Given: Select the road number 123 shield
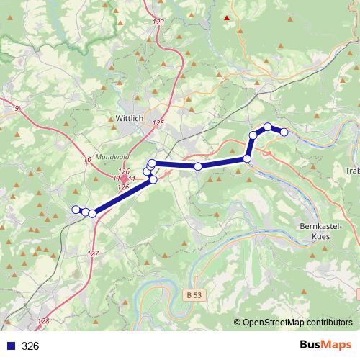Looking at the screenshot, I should click(158, 22).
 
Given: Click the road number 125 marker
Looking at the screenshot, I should click(158, 123).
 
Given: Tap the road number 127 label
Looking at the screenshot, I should click(93, 253).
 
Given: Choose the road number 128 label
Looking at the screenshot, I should click(44, 321).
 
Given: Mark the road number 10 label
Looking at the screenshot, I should click(88, 159).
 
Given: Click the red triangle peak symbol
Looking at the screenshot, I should click(228, 17).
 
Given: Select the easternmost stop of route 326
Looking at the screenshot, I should click(284, 132).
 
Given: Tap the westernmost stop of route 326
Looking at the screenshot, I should click(75, 210).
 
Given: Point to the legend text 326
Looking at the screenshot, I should click(30, 346).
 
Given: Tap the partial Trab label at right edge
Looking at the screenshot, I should click(353, 171).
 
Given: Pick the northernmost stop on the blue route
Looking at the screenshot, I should click(268, 127).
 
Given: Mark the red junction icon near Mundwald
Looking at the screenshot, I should click(124, 179).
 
